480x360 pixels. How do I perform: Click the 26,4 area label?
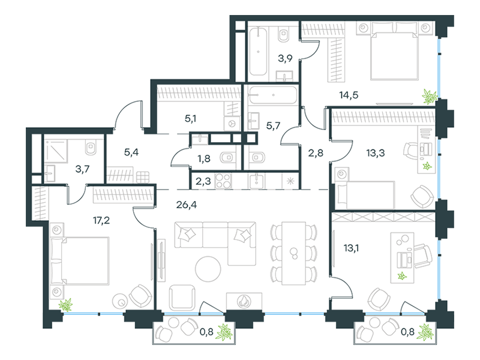click(x=187, y=205)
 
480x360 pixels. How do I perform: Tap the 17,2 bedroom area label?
click(x=101, y=220)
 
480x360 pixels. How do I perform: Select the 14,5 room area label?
click(x=349, y=95)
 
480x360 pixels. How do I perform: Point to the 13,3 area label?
click(x=376, y=152)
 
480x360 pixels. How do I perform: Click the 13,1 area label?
click(x=351, y=248)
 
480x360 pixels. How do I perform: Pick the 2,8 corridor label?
click(x=316, y=152)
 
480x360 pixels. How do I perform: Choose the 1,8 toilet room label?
click(x=203, y=158)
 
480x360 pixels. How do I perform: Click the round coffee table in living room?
click(x=208, y=269)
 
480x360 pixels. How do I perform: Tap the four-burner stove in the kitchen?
click(x=223, y=181)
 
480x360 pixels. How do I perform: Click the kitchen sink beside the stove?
click(x=257, y=181)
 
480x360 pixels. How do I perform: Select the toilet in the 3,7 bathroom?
click(x=91, y=148)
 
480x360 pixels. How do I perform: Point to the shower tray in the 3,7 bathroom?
click(x=56, y=151)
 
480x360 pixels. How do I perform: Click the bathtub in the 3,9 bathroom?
click(x=258, y=51)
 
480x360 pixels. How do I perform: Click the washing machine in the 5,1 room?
click(x=232, y=124)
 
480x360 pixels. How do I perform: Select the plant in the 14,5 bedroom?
click(x=430, y=97)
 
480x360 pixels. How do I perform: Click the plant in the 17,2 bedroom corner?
click(x=65, y=305)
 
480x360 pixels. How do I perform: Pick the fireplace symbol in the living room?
click(x=244, y=301)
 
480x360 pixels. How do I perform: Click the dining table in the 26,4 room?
click(x=294, y=253)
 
